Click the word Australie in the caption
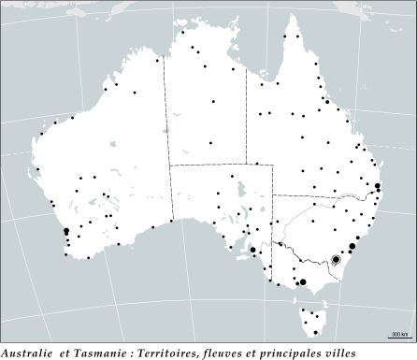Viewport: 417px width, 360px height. pyautogui.click(x=25, y=353)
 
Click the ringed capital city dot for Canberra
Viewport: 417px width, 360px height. pyautogui.click(x=336, y=259)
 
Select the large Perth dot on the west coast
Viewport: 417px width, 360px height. pyautogui.click(x=65, y=231)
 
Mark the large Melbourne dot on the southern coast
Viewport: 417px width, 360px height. pyautogui.click(x=302, y=281)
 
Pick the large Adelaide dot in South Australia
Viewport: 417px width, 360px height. pyautogui.click(x=252, y=250)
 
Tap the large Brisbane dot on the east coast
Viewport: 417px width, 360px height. pyautogui.click(x=378, y=187)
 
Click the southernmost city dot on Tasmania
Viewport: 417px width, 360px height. pyautogui.click(x=316, y=333)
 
